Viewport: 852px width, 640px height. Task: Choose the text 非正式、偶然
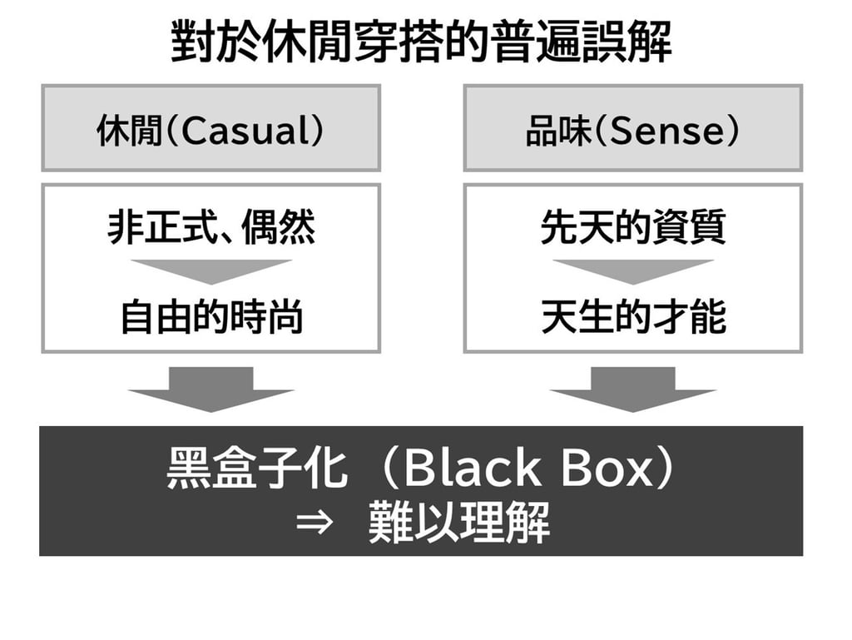(211, 226)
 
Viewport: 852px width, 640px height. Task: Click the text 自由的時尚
(211, 317)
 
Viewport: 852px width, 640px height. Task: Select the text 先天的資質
(633, 226)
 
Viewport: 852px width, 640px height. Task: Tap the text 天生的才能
(633, 317)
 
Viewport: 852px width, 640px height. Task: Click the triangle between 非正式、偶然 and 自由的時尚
(211, 269)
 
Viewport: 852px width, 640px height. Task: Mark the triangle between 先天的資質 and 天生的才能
(633, 269)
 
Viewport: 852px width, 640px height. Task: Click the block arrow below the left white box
(211, 388)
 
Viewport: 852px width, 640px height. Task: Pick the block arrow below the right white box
(633, 388)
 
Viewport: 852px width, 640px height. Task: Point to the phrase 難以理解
(459, 525)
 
